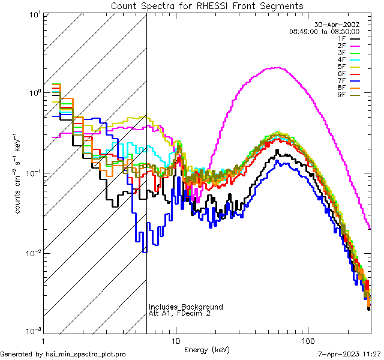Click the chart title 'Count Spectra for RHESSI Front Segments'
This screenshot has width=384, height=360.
pos(207,6)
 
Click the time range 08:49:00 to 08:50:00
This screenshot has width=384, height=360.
pos(324,31)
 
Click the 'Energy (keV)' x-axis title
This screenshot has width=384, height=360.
pos(206,349)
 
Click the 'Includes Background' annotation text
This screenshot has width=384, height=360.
pos(186,307)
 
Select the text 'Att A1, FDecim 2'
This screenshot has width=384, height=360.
pos(179,313)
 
